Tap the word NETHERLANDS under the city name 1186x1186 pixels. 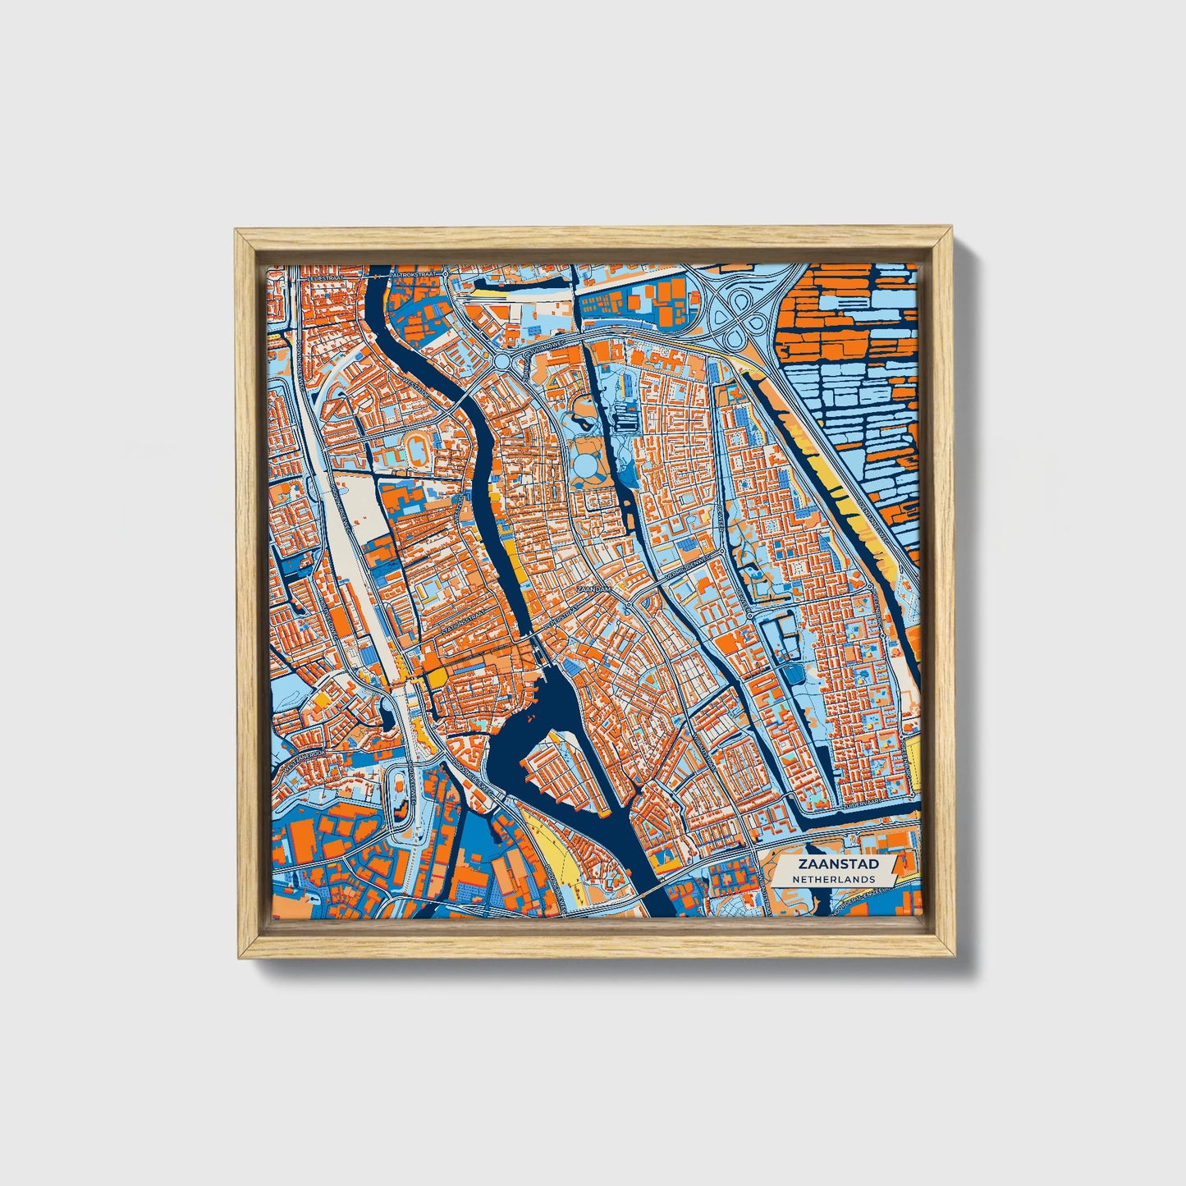click(x=833, y=879)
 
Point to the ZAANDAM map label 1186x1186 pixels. click(x=594, y=588)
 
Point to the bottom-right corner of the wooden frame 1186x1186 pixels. click(x=954, y=956)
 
